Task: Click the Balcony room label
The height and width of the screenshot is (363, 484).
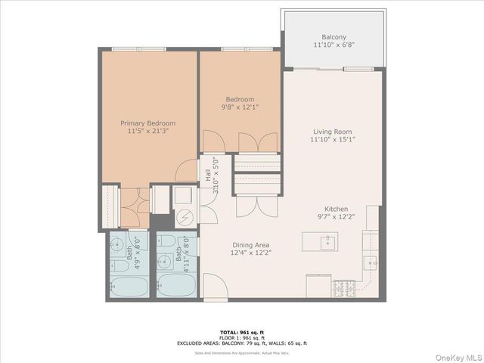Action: (x=334, y=36)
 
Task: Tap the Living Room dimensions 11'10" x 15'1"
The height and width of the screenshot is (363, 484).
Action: (x=334, y=139)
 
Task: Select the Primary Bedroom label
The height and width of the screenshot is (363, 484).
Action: (x=148, y=123)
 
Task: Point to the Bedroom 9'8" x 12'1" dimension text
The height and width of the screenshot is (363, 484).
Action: (x=239, y=107)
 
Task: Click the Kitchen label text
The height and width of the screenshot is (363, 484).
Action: (x=336, y=209)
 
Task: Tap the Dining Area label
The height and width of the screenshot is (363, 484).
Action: (x=252, y=245)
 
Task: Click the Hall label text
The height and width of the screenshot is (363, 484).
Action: (x=207, y=175)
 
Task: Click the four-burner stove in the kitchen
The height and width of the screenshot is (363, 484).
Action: (x=344, y=287)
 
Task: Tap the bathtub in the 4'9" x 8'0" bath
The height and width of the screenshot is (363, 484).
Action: (x=129, y=287)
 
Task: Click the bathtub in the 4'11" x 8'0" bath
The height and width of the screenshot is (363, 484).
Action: (x=176, y=287)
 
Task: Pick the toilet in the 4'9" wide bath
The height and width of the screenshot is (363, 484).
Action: (x=119, y=265)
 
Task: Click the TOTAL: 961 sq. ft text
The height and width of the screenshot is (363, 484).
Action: (x=242, y=331)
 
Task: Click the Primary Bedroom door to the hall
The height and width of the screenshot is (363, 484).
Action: (x=187, y=171)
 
